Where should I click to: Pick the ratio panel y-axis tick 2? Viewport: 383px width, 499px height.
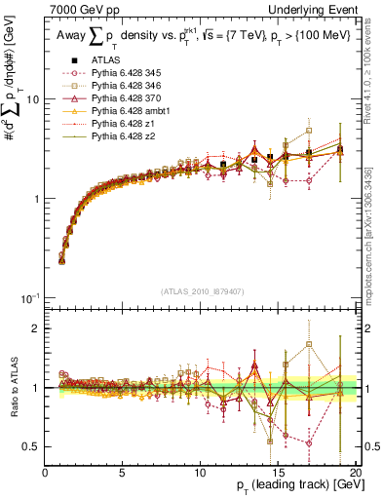click(37, 328)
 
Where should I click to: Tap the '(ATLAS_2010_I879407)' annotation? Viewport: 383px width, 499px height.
click(201, 290)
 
